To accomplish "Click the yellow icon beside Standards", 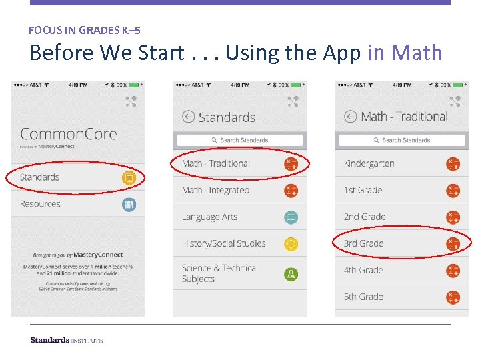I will click(x=129, y=177).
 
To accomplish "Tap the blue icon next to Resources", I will click(x=129, y=204).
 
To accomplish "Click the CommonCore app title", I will click(x=68, y=134).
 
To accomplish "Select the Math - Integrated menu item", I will click(x=215, y=190).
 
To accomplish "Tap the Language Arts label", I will click(x=209, y=217).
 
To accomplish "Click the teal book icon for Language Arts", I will click(x=291, y=217).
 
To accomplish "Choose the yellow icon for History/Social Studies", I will click(x=291, y=244).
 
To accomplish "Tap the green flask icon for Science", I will click(x=291, y=273).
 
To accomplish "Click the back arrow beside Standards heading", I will click(x=188, y=117).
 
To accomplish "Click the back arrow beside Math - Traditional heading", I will click(x=351, y=117).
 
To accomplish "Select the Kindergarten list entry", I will click(x=369, y=163).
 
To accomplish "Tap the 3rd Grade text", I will click(x=363, y=243).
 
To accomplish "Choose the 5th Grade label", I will click(x=363, y=297).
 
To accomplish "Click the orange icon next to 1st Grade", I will click(x=453, y=191).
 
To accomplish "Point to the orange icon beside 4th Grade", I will click(x=453, y=271).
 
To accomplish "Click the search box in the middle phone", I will click(x=239, y=140).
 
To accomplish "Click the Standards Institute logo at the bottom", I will click(x=66, y=340).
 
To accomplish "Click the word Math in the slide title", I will click(x=417, y=52).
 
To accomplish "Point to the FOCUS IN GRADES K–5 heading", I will click(x=85, y=30).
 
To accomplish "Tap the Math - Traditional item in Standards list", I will click(x=215, y=163).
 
